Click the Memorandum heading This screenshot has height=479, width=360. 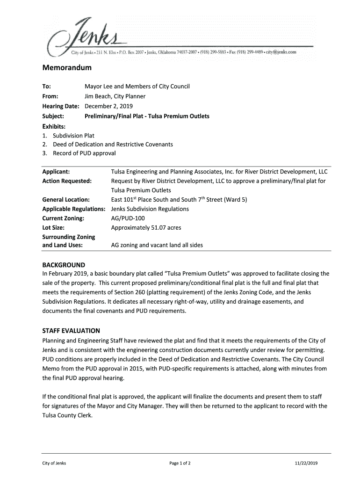point(67,68)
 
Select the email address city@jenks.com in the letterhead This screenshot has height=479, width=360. point(280,52)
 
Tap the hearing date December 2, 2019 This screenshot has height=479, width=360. point(108,106)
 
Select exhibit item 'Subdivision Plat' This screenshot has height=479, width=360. point(73,136)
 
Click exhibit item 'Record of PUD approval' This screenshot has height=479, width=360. point(84,153)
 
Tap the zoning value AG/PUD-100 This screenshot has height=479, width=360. point(128,218)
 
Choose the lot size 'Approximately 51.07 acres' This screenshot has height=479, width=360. point(146,228)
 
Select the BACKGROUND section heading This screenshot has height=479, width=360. point(64,265)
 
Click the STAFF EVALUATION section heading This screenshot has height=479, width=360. point(71,331)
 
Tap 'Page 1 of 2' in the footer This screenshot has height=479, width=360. point(180,463)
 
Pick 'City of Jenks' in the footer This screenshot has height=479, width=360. point(54,463)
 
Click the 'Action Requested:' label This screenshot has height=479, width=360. point(67,181)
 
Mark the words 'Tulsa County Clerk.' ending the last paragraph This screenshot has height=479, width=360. point(67,415)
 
